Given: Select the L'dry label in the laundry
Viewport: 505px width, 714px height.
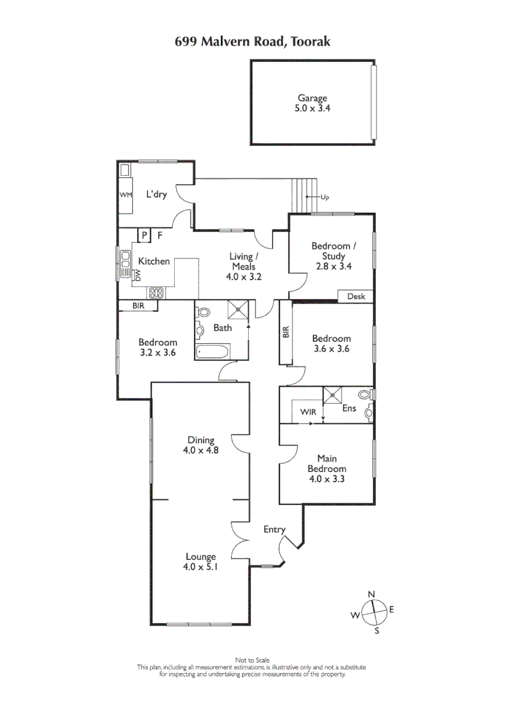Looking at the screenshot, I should pyautogui.click(x=156, y=194).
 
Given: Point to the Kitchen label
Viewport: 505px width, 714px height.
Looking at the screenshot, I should pyautogui.click(x=154, y=261).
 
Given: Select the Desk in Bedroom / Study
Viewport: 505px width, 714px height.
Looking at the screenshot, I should pyautogui.click(x=355, y=296).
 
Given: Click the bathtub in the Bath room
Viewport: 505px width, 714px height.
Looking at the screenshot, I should pyautogui.click(x=212, y=351).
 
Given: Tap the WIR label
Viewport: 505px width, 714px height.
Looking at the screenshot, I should pyautogui.click(x=308, y=412).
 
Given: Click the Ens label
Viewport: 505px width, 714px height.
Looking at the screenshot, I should pyautogui.click(x=349, y=409).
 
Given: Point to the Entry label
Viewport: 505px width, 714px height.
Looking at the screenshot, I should pyautogui.click(x=274, y=530).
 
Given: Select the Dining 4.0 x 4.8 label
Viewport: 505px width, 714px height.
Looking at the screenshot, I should pyautogui.click(x=201, y=445).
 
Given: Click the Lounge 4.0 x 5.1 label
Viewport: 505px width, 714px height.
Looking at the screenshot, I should pyautogui.click(x=201, y=561).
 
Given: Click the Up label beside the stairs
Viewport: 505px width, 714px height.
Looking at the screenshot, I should pyautogui.click(x=324, y=197).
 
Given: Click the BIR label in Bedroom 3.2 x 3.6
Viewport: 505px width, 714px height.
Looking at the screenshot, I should pyautogui.click(x=138, y=306).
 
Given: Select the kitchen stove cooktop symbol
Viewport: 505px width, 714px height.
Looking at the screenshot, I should pyautogui.click(x=156, y=292).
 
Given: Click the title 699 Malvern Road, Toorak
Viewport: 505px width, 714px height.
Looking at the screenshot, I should pyautogui.click(x=252, y=42).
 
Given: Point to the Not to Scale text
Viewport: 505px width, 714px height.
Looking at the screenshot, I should pyautogui.click(x=252, y=660).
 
